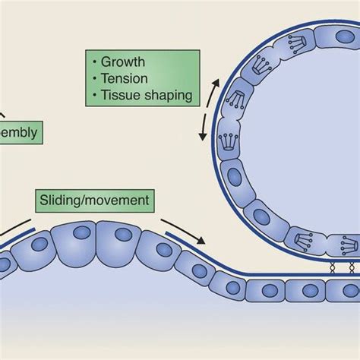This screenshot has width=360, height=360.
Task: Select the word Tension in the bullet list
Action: pyautogui.click(x=123, y=78)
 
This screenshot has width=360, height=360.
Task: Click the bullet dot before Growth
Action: pyautogui.click(x=94, y=62)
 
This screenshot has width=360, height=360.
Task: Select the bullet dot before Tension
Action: pyautogui.click(x=94, y=78)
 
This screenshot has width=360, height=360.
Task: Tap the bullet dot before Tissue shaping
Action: pyautogui.click(x=94, y=96)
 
